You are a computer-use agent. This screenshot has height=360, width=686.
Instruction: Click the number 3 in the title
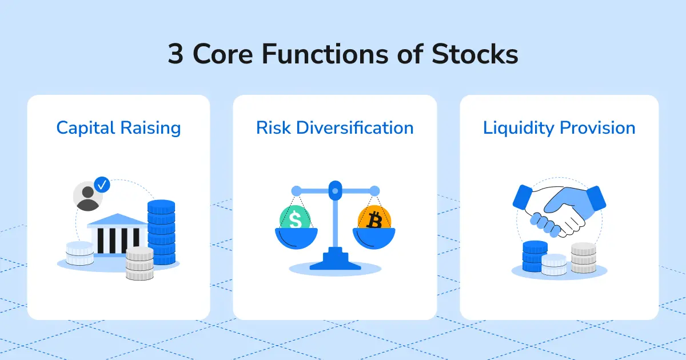(x=176, y=55)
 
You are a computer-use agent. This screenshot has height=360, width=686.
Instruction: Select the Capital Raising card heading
(x=118, y=127)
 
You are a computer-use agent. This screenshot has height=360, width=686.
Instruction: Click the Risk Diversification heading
(x=334, y=127)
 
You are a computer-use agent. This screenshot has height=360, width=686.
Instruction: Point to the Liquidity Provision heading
(x=559, y=127)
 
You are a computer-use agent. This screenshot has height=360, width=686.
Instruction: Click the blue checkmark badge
(x=102, y=185)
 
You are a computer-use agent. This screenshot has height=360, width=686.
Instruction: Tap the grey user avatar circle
(x=87, y=197)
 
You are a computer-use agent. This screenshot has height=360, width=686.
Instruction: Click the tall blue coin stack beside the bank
(x=161, y=231)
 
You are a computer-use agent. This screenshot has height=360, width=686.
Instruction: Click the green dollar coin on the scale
(x=295, y=219)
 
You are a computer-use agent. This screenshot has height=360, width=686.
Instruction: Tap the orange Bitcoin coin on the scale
(x=374, y=219)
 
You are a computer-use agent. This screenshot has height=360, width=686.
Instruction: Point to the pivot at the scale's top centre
(x=335, y=187)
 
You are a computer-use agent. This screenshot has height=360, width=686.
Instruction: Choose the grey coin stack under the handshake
(x=584, y=257)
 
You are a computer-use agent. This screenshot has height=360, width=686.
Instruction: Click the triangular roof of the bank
(x=117, y=219)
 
